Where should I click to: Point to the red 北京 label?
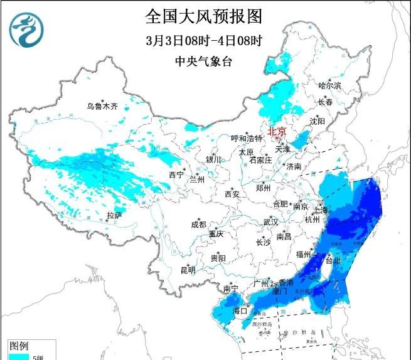coord(277,131)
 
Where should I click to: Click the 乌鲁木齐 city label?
coord(102,107)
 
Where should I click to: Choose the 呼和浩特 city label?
coord(247,138)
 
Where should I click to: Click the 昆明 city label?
coord(188,270)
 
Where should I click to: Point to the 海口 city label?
coord(240,310)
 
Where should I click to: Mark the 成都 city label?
coord(198,225)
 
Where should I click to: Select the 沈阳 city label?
coord(318,120)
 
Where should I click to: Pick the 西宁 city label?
coord(176,176)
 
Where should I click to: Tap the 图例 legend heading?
coord(19,346)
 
